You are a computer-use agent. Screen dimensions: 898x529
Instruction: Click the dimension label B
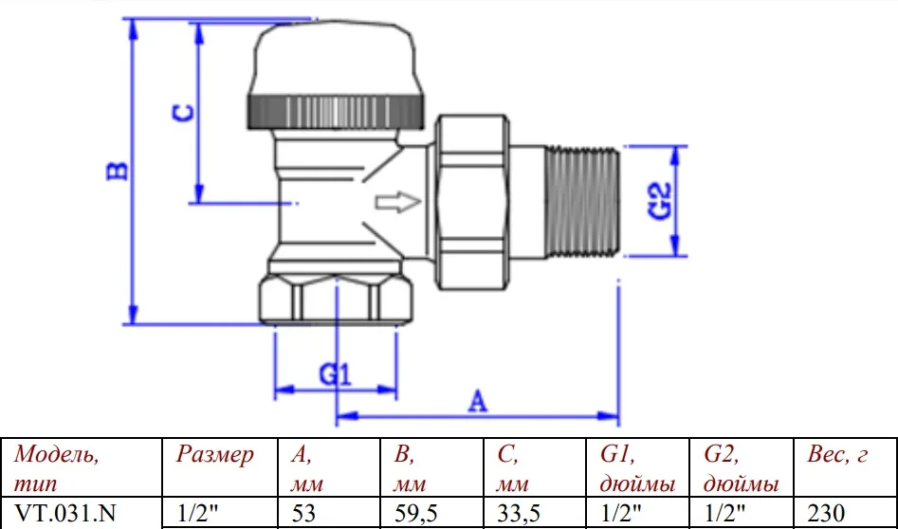click(x=118, y=171)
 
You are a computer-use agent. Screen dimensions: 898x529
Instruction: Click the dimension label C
click(x=183, y=112)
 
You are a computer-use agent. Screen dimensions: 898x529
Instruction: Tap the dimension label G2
click(x=660, y=202)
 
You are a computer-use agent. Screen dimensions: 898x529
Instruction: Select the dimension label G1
click(x=335, y=374)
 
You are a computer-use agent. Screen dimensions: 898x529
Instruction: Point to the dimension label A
click(x=477, y=401)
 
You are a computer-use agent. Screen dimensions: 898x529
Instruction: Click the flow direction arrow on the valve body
click(x=398, y=202)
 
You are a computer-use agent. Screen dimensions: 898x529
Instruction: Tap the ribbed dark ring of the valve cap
click(x=337, y=111)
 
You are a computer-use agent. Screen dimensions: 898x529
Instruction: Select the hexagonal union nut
click(x=472, y=202)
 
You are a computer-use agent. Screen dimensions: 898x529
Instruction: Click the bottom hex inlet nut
click(x=337, y=300)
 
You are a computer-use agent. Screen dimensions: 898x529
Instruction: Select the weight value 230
click(x=826, y=513)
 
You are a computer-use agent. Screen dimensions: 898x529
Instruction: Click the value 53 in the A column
click(x=302, y=513)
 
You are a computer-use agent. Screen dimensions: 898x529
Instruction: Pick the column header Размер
click(x=214, y=455)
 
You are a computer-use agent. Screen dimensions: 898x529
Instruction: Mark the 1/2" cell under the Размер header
click(x=197, y=512)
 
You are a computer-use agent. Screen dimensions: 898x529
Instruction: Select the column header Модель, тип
click(x=56, y=469)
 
